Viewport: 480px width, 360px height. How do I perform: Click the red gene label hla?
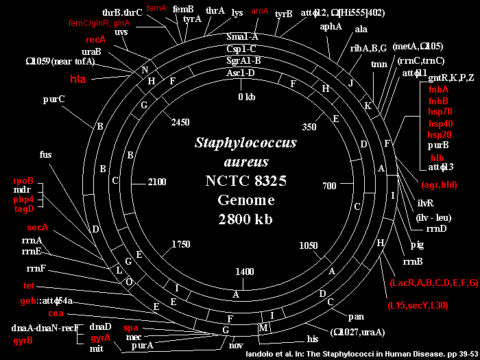(80, 79)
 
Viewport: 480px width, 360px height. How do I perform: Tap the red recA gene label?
(96, 39)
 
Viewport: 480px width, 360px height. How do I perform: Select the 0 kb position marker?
(246, 97)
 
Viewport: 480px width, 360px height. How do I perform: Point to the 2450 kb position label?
(180, 122)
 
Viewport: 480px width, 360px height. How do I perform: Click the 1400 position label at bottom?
(244, 272)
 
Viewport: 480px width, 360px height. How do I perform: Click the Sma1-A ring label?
(241, 36)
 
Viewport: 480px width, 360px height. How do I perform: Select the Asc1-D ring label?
(241, 73)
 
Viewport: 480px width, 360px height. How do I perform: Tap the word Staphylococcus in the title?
(245, 143)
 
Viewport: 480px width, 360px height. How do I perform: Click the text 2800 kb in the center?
(245, 219)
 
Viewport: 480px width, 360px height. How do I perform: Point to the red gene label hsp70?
(440, 111)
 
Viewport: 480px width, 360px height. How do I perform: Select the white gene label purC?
(53, 99)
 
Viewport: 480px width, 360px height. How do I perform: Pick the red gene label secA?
(38, 227)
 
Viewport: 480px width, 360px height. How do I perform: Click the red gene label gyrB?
(23, 339)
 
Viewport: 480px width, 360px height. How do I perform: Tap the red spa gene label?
(130, 328)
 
